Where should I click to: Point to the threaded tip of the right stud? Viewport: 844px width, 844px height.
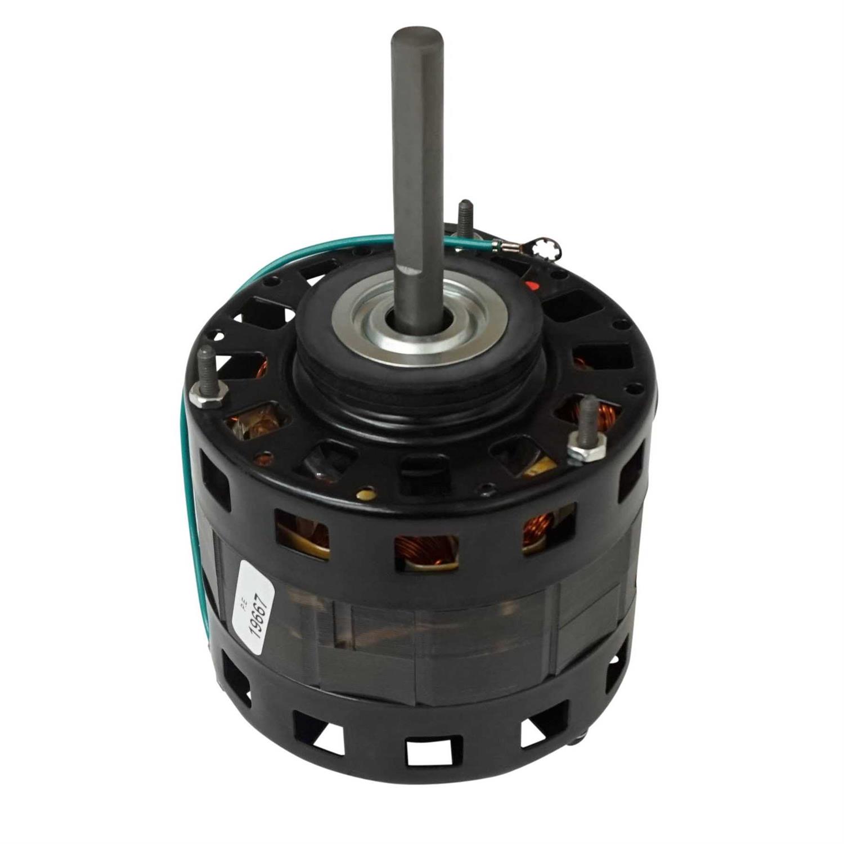tap(587, 408)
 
